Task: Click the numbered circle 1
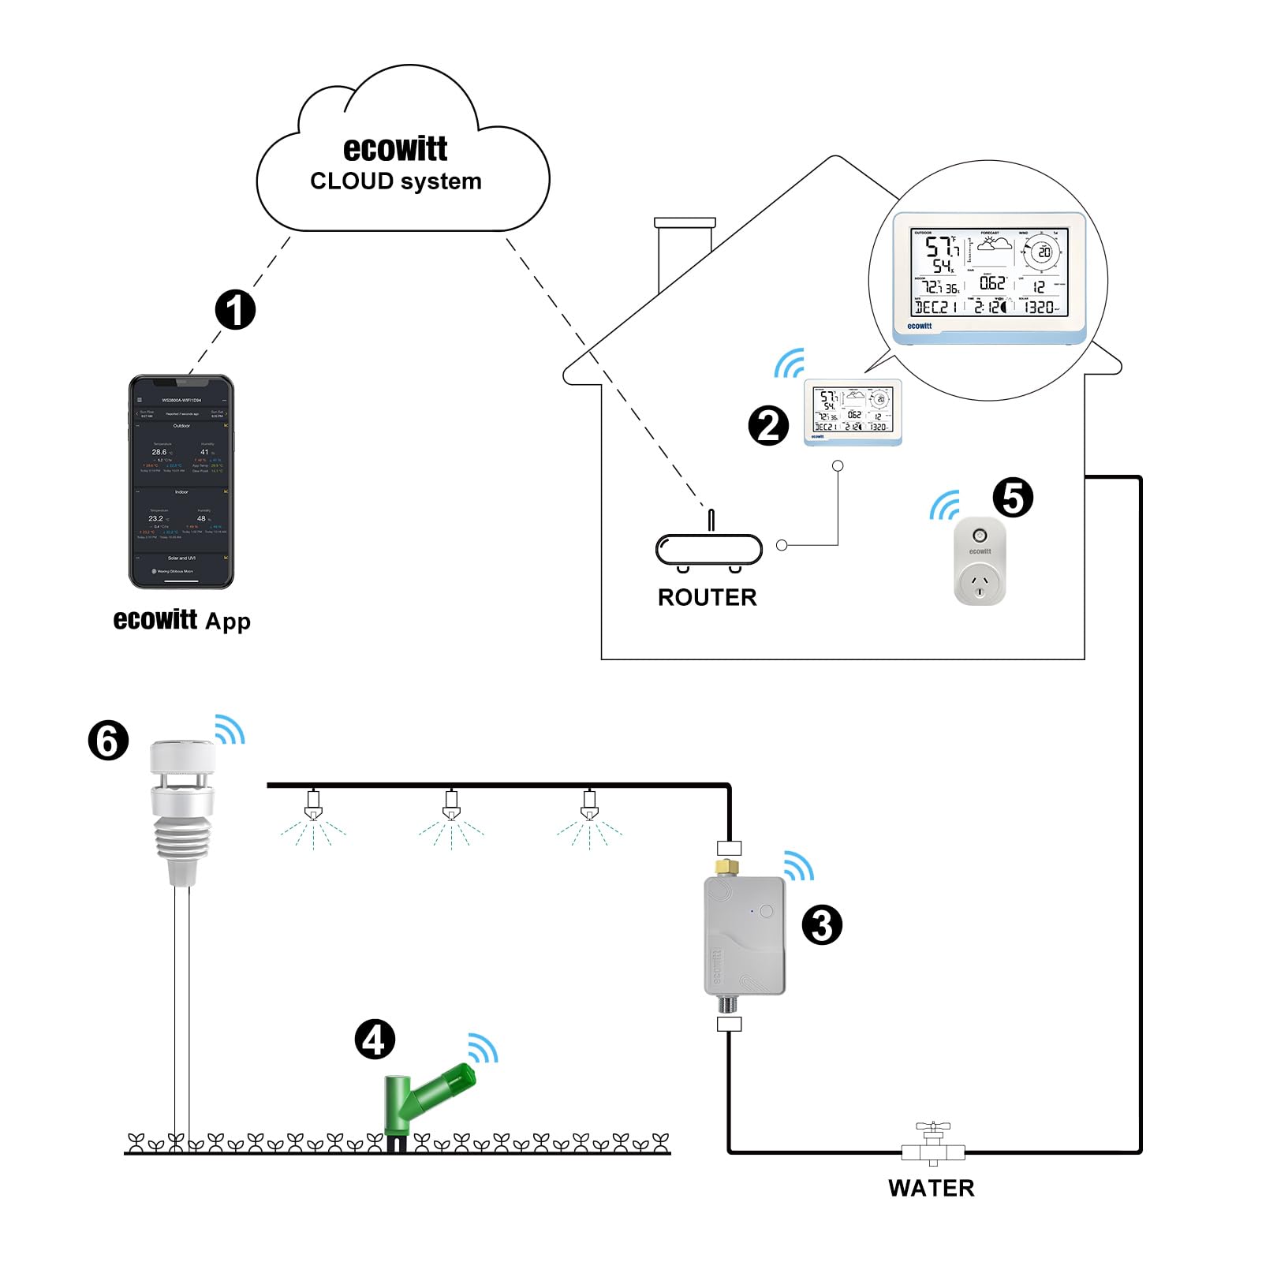[x=235, y=309]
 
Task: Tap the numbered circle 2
[x=767, y=426]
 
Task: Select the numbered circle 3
[x=822, y=925]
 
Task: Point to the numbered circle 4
[x=374, y=1040]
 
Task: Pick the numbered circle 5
[x=1013, y=498]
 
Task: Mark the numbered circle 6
[x=108, y=741]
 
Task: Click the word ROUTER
[x=707, y=597]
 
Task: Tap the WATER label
[x=931, y=1188]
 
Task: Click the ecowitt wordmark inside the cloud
[x=395, y=149]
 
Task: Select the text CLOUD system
[x=395, y=181]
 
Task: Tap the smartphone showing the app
[x=181, y=481]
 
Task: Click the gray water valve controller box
[x=744, y=936]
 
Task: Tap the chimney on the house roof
[x=685, y=252]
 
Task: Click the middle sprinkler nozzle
[x=451, y=806]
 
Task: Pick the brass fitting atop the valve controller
[x=727, y=867]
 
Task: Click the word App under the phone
[x=227, y=622]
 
